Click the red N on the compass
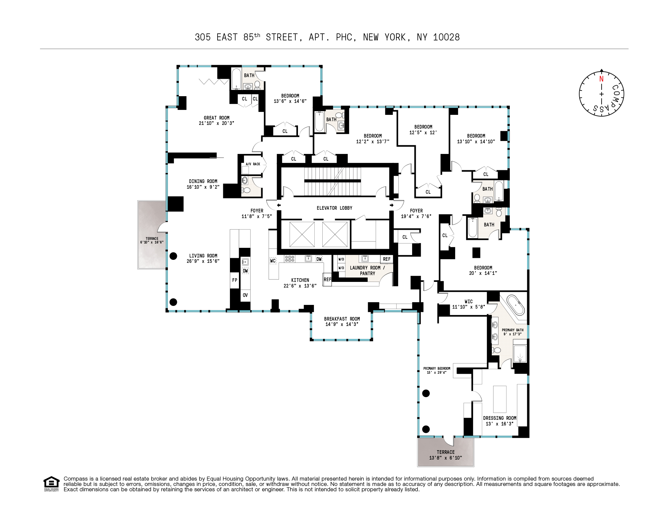point(601,79)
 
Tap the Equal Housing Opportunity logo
point(51,483)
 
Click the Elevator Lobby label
point(334,208)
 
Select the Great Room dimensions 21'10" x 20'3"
point(217,123)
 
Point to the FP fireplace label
point(235,280)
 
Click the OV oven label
point(245,295)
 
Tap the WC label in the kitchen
point(273,261)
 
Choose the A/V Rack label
point(253,164)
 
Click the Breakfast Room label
point(342,319)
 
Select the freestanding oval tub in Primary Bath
point(516,305)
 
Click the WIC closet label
point(468,302)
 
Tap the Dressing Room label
point(499,418)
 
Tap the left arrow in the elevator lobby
point(279,205)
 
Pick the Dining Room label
point(203,181)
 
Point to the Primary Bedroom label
point(437,368)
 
